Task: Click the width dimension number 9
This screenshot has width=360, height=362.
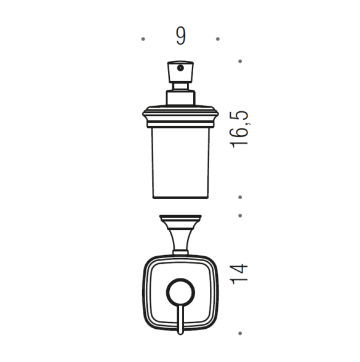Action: coord(180,36)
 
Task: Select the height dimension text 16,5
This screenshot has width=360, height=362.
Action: coord(239,129)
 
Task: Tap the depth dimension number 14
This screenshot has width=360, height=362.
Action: coord(239,274)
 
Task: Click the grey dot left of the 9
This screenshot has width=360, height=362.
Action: coord(143,39)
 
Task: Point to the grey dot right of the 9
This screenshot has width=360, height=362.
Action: coord(218,39)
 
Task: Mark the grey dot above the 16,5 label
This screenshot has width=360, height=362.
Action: coord(240,61)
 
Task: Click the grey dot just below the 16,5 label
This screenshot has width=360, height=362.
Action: coord(240,197)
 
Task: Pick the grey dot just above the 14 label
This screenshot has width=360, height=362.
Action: coord(240,215)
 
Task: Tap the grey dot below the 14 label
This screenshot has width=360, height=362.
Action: coord(240,333)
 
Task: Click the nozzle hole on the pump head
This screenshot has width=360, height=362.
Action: coord(180,68)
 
